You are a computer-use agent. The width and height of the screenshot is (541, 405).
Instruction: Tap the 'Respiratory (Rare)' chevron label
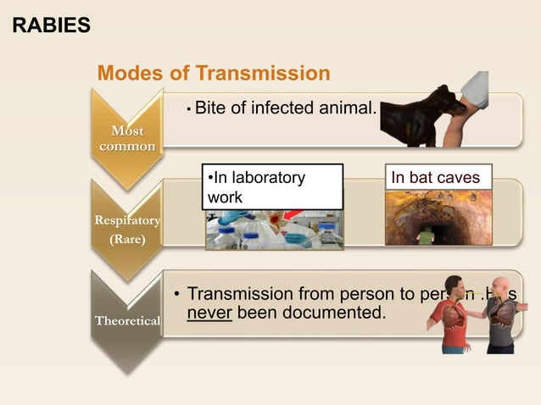point(127,230)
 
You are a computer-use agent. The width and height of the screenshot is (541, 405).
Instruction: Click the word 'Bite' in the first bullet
point(210,108)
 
